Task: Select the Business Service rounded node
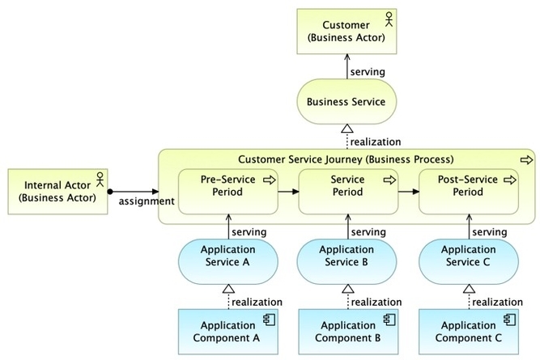click(x=346, y=101)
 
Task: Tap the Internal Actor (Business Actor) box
click(x=57, y=191)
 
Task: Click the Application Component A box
click(x=228, y=331)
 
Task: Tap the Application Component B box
click(x=347, y=331)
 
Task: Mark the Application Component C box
click(x=468, y=331)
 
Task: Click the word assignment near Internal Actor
click(x=146, y=201)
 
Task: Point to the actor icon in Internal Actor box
click(x=101, y=176)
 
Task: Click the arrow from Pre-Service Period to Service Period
click(x=288, y=192)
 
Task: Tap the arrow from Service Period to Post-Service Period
click(x=409, y=192)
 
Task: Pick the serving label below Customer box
click(x=367, y=72)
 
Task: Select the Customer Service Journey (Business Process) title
click(x=346, y=159)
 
